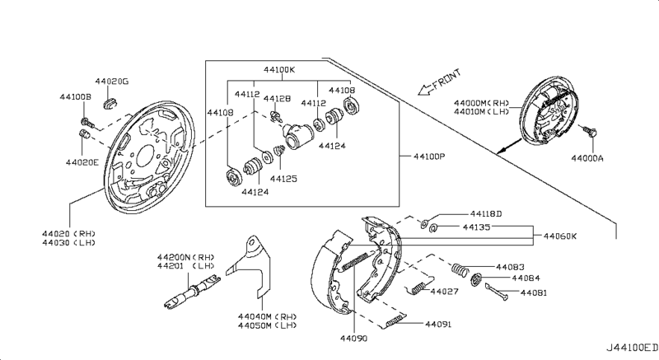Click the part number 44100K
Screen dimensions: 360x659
click(279, 71)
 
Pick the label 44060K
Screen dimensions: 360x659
click(560, 236)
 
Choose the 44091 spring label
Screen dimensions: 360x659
click(438, 324)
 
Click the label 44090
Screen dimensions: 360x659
click(353, 338)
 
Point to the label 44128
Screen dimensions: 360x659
click(277, 99)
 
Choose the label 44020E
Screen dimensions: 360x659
click(82, 162)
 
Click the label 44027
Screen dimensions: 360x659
click(445, 292)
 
